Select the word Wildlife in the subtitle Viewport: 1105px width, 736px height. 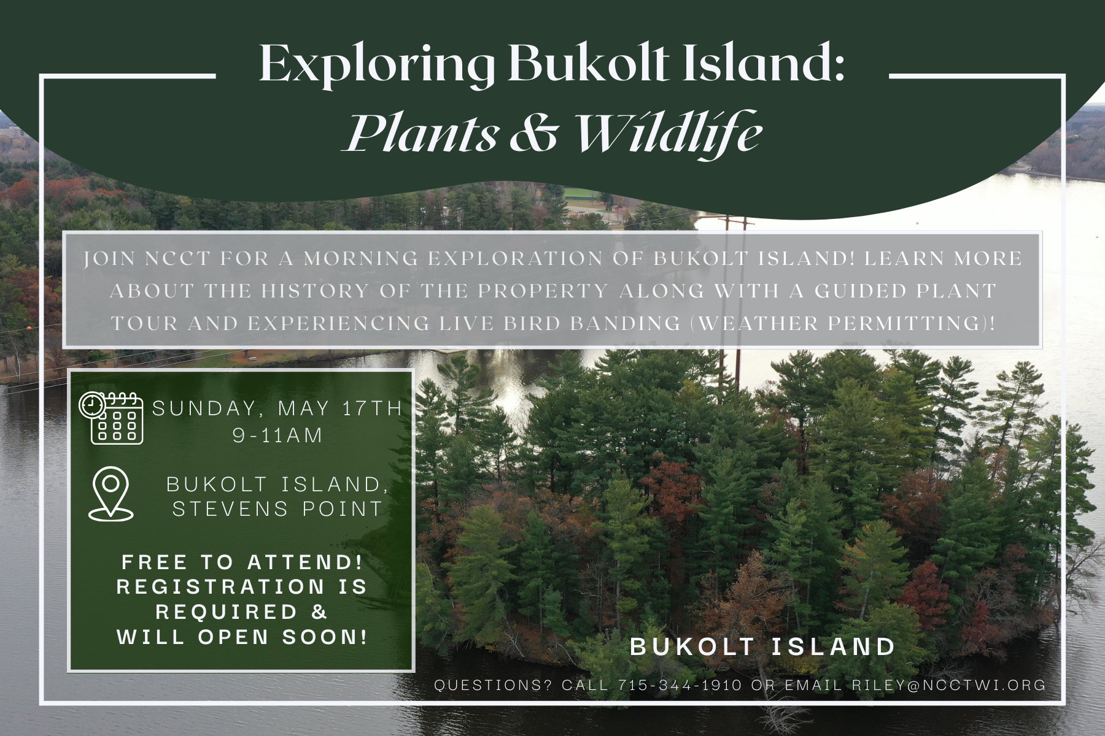click(669, 133)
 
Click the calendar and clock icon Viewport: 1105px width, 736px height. click(111, 418)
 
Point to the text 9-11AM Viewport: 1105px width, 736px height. click(277, 435)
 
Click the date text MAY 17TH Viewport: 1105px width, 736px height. click(340, 408)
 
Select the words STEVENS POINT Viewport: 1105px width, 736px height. click(277, 509)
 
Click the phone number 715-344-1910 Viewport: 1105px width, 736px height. click(680, 685)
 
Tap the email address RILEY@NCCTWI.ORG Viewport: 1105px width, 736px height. click(948, 685)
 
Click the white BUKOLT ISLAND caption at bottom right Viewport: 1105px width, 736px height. click(763, 647)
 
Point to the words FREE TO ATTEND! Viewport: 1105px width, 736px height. click(242, 562)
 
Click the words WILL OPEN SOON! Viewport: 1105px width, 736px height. click(242, 637)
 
